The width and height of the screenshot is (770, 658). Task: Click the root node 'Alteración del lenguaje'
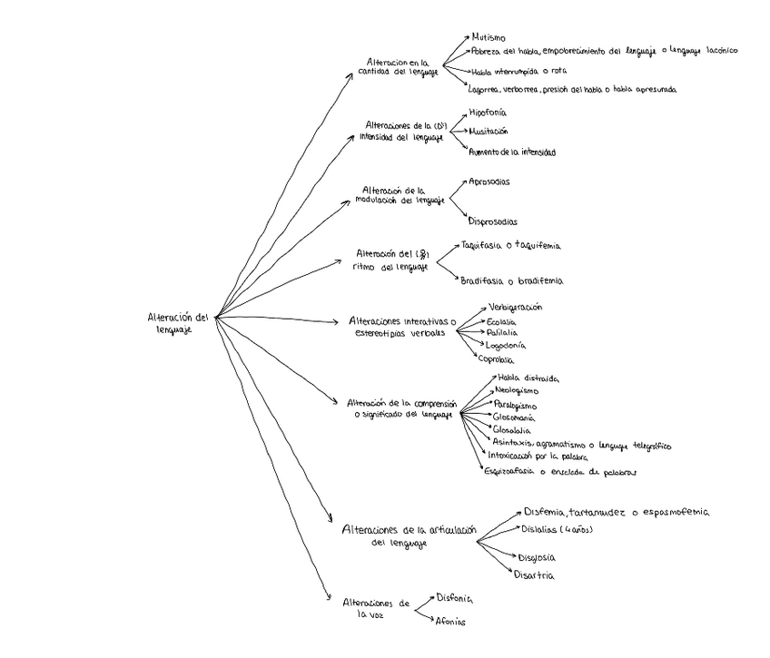178,323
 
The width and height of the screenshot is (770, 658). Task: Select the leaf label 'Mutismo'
489,37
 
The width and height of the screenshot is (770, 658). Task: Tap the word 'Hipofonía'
488,113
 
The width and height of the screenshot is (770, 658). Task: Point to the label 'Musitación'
489,132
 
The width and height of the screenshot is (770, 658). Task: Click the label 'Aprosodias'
489,182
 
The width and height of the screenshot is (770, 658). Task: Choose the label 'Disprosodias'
493,221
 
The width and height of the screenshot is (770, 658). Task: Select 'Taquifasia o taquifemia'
510,246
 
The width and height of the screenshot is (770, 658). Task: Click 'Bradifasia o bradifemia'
511,281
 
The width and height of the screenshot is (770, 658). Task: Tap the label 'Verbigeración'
515,307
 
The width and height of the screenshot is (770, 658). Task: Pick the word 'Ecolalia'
501,321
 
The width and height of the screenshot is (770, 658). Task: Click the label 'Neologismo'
517,390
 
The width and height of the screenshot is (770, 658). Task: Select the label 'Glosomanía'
514,417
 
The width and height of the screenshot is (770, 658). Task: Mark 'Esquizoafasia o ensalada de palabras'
560,472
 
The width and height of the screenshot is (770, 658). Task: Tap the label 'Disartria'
534,575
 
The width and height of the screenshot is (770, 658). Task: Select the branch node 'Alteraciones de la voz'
376,608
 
